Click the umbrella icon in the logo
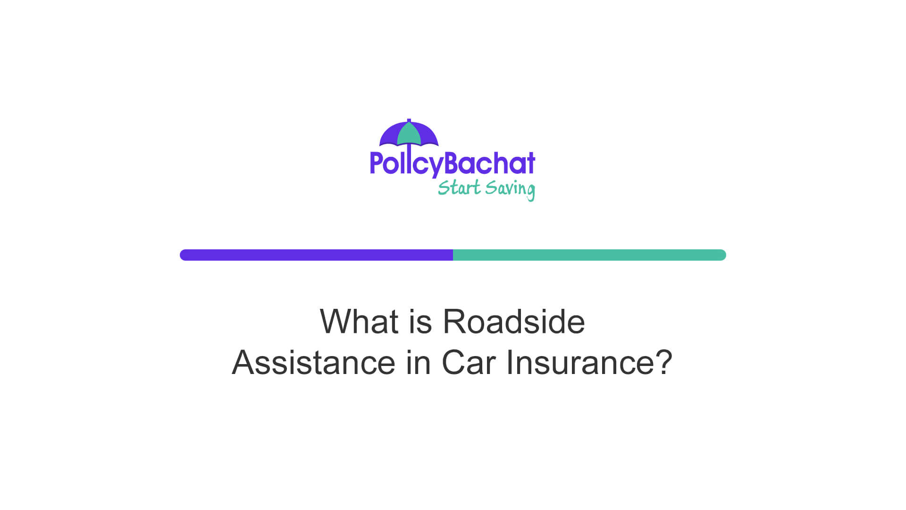[x=409, y=134]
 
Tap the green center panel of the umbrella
[x=409, y=135]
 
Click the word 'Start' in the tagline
[x=459, y=188]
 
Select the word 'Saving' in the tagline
[x=510, y=189]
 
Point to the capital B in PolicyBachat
[x=453, y=163]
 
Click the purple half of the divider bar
[x=316, y=255]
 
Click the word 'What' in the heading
[x=359, y=322]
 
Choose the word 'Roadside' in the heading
[x=514, y=322]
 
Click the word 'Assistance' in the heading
[x=313, y=363]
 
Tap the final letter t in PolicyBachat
[x=530, y=163]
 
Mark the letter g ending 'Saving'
[x=530, y=192]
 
